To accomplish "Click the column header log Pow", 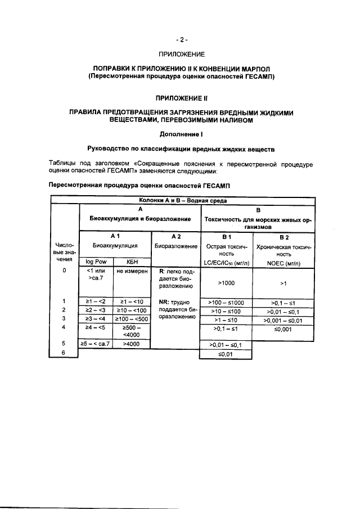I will pos(96,261).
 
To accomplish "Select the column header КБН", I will pos(132,261).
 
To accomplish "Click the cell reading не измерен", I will pos(132,271).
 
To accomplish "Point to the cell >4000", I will pos(132,343).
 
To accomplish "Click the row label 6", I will pos(64,353).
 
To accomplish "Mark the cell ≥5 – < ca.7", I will pos(96,343).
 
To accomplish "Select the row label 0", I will pos(64,271).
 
